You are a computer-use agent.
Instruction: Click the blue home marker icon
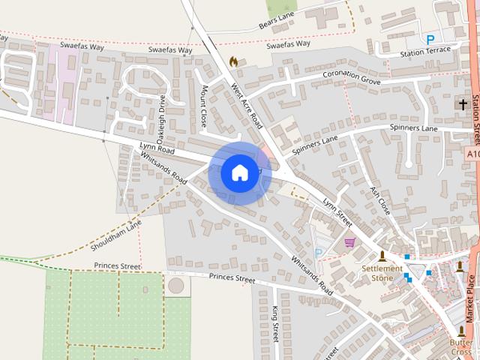point(239,172)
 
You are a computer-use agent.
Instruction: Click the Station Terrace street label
point(426,51)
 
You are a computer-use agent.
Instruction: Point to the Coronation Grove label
point(352,76)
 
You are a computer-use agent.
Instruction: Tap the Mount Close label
point(205,105)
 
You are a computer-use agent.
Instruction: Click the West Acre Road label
point(246,106)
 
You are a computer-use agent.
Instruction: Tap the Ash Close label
point(380,201)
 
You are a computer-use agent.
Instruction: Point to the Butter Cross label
point(462,347)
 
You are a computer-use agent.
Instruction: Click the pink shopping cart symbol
point(349,241)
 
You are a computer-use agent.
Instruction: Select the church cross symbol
point(463,105)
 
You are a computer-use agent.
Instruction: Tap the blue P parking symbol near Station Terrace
point(430,39)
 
